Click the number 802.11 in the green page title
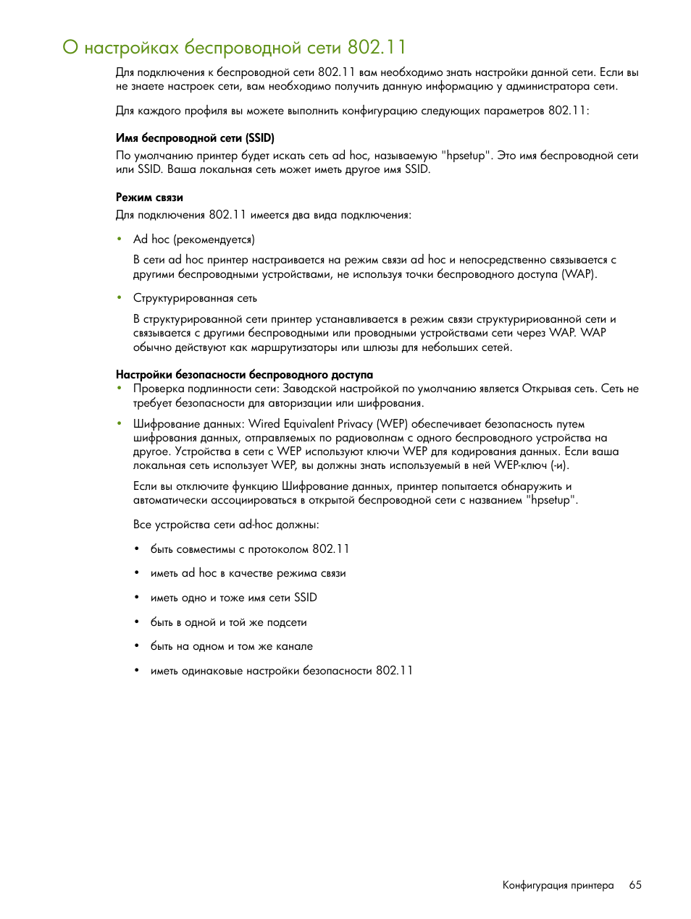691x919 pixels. tap(377, 48)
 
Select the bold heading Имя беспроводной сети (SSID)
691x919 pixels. tap(195, 138)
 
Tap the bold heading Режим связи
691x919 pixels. tap(149, 198)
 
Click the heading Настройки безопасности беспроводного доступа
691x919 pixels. tap(244, 375)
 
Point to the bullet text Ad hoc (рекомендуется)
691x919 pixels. tap(193, 240)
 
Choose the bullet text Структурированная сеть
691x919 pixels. tap(195, 298)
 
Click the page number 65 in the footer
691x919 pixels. tap(635, 885)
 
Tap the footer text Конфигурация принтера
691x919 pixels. tap(558, 885)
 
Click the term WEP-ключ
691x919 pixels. tap(520, 465)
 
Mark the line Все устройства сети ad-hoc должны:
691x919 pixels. tap(226, 525)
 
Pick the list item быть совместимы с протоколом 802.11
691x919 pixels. tap(250, 549)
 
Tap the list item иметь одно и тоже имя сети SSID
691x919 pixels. tap(233, 598)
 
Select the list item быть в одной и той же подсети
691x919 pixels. tap(228, 622)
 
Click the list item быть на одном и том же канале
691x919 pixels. tap(231, 646)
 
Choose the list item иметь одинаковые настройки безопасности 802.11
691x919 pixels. tap(281, 671)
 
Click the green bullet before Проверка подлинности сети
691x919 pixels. tap(120, 389)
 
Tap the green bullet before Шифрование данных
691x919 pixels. tap(120, 424)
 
